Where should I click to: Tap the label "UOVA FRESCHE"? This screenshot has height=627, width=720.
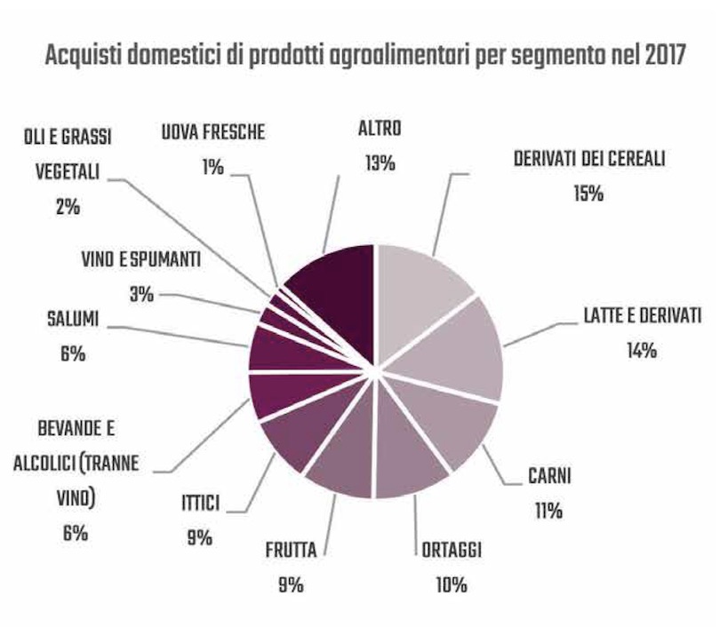pos(213,134)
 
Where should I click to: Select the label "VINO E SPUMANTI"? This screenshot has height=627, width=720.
pos(140,261)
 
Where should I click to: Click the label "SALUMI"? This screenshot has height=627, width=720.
pos(73,318)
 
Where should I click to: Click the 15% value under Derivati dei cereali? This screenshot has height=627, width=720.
pos(588,193)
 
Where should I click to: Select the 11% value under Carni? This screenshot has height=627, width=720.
pos(548,511)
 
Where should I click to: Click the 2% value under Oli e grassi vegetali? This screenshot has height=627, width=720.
pos(67,206)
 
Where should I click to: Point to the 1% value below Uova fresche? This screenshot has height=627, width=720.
pos(213,165)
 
